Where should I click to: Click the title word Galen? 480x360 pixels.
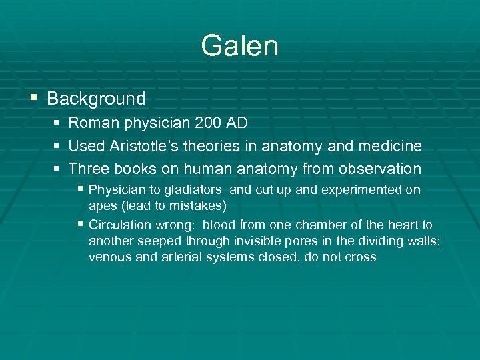pyautogui.click(x=239, y=46)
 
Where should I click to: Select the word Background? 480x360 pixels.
pyautogui.click(x=96, y=99)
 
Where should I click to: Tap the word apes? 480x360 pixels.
pyautogui.click(x=101, y=205)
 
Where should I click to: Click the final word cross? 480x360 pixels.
pyautogui.click(x=361, y=257)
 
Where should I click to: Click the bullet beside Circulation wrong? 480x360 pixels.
pyautogui.click(x=81, y=225)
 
